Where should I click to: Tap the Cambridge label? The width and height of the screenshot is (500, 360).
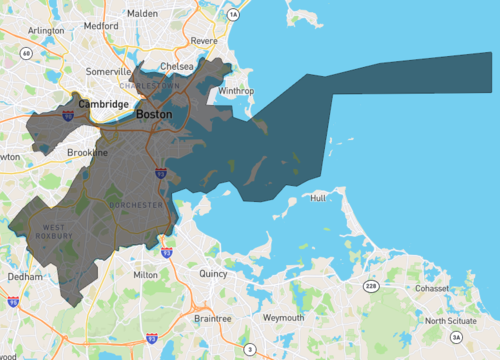[x=104, y=104]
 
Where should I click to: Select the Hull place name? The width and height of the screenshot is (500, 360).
[x=318, y=198]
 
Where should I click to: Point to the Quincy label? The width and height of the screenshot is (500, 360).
[x=213, y=273]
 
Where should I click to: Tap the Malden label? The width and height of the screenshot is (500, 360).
[x=143, y=13]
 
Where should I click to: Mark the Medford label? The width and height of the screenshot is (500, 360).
[x=101, y=26]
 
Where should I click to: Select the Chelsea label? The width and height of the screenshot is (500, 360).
[x=176, y=66]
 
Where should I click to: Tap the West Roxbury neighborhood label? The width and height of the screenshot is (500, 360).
[x=55, y=233]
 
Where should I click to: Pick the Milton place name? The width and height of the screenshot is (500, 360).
[x=145, y=273]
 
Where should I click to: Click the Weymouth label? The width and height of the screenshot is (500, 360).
[x=283, y=317]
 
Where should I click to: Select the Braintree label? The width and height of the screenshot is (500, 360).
[x=213, y=318]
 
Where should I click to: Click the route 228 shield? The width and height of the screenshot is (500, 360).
[x=372, y=286]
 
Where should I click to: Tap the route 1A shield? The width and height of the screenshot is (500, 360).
[x=233, y=16]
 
